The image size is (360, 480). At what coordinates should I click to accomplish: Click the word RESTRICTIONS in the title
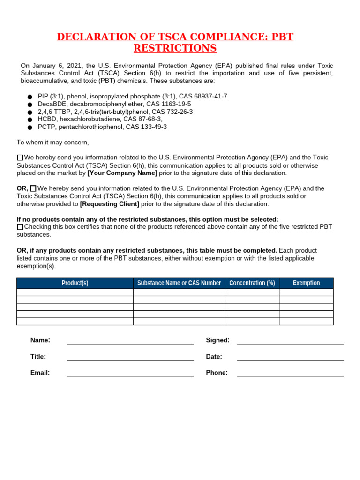pos(175,48)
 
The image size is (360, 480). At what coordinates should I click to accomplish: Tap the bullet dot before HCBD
pos(30,120)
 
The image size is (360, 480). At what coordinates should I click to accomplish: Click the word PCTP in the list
pos(46,127)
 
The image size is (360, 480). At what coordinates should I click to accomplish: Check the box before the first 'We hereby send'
pos(20,157)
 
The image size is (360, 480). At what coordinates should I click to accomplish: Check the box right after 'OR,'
pos(33,188)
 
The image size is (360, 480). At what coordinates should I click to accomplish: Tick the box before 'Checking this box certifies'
pos(20,227)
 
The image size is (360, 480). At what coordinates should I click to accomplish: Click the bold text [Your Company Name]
pos(122,173)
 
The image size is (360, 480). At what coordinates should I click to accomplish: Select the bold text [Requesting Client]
pos(110,204)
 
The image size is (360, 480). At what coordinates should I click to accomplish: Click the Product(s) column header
pos(75,283)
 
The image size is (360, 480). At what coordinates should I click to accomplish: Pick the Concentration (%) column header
pos(252,283)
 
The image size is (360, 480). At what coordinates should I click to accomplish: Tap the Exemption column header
pos(306,283)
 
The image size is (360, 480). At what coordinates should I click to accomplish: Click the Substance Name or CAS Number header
pos(179,283)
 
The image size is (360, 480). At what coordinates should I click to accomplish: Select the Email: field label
pos(40,373)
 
